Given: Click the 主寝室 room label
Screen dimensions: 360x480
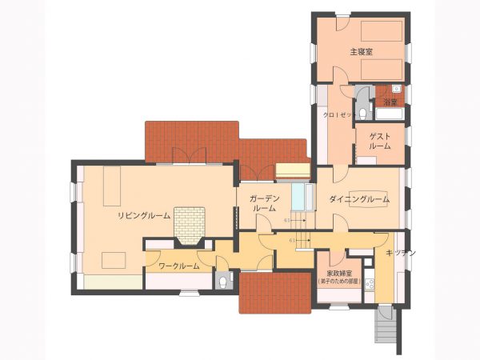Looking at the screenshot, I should click(x=362, y=52).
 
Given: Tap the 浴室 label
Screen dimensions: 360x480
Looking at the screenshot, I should click(x=390, y=102).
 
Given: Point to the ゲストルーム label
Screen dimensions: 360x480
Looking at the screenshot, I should click(x=380, y=142).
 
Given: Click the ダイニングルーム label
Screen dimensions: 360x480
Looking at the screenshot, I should click(x=359, y=198).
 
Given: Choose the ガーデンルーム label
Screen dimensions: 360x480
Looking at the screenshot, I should click(x=264, y=202).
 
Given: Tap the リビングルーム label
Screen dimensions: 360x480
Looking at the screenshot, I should click(x=144, y=216).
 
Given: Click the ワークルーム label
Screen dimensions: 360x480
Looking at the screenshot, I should click(x=178, y=266).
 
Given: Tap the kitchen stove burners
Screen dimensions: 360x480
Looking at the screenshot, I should click(x=370, y=285).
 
